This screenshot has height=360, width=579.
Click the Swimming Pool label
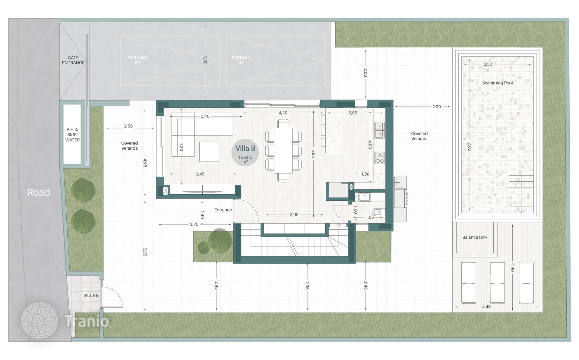[497, 83]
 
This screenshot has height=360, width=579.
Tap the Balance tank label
[475, 237]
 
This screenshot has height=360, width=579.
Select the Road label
[39, 192]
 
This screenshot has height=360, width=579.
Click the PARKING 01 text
[241, 60]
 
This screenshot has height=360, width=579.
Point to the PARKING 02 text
[138, 60]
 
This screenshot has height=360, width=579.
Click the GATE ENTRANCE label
[73, 60]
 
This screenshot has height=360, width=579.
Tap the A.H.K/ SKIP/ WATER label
[73, 135]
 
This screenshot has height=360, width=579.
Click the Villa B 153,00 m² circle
[245, 152]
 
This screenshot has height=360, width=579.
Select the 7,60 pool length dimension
[470, 147]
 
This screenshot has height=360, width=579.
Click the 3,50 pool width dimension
[488, 64]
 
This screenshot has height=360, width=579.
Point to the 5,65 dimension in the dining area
[313, 154]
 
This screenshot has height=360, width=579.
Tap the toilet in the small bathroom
[378, 212]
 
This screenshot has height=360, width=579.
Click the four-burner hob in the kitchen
[379, 158]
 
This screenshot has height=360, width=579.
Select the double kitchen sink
[379, 130]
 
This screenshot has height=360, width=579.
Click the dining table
[283, 151]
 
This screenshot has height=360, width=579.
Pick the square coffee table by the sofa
[210, 151]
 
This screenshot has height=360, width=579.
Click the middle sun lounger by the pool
[497, 283]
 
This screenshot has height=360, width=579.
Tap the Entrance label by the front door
[223, 210]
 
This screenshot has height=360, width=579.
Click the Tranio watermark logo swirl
[39, 320]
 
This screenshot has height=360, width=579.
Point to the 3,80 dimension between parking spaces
[205, 60]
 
